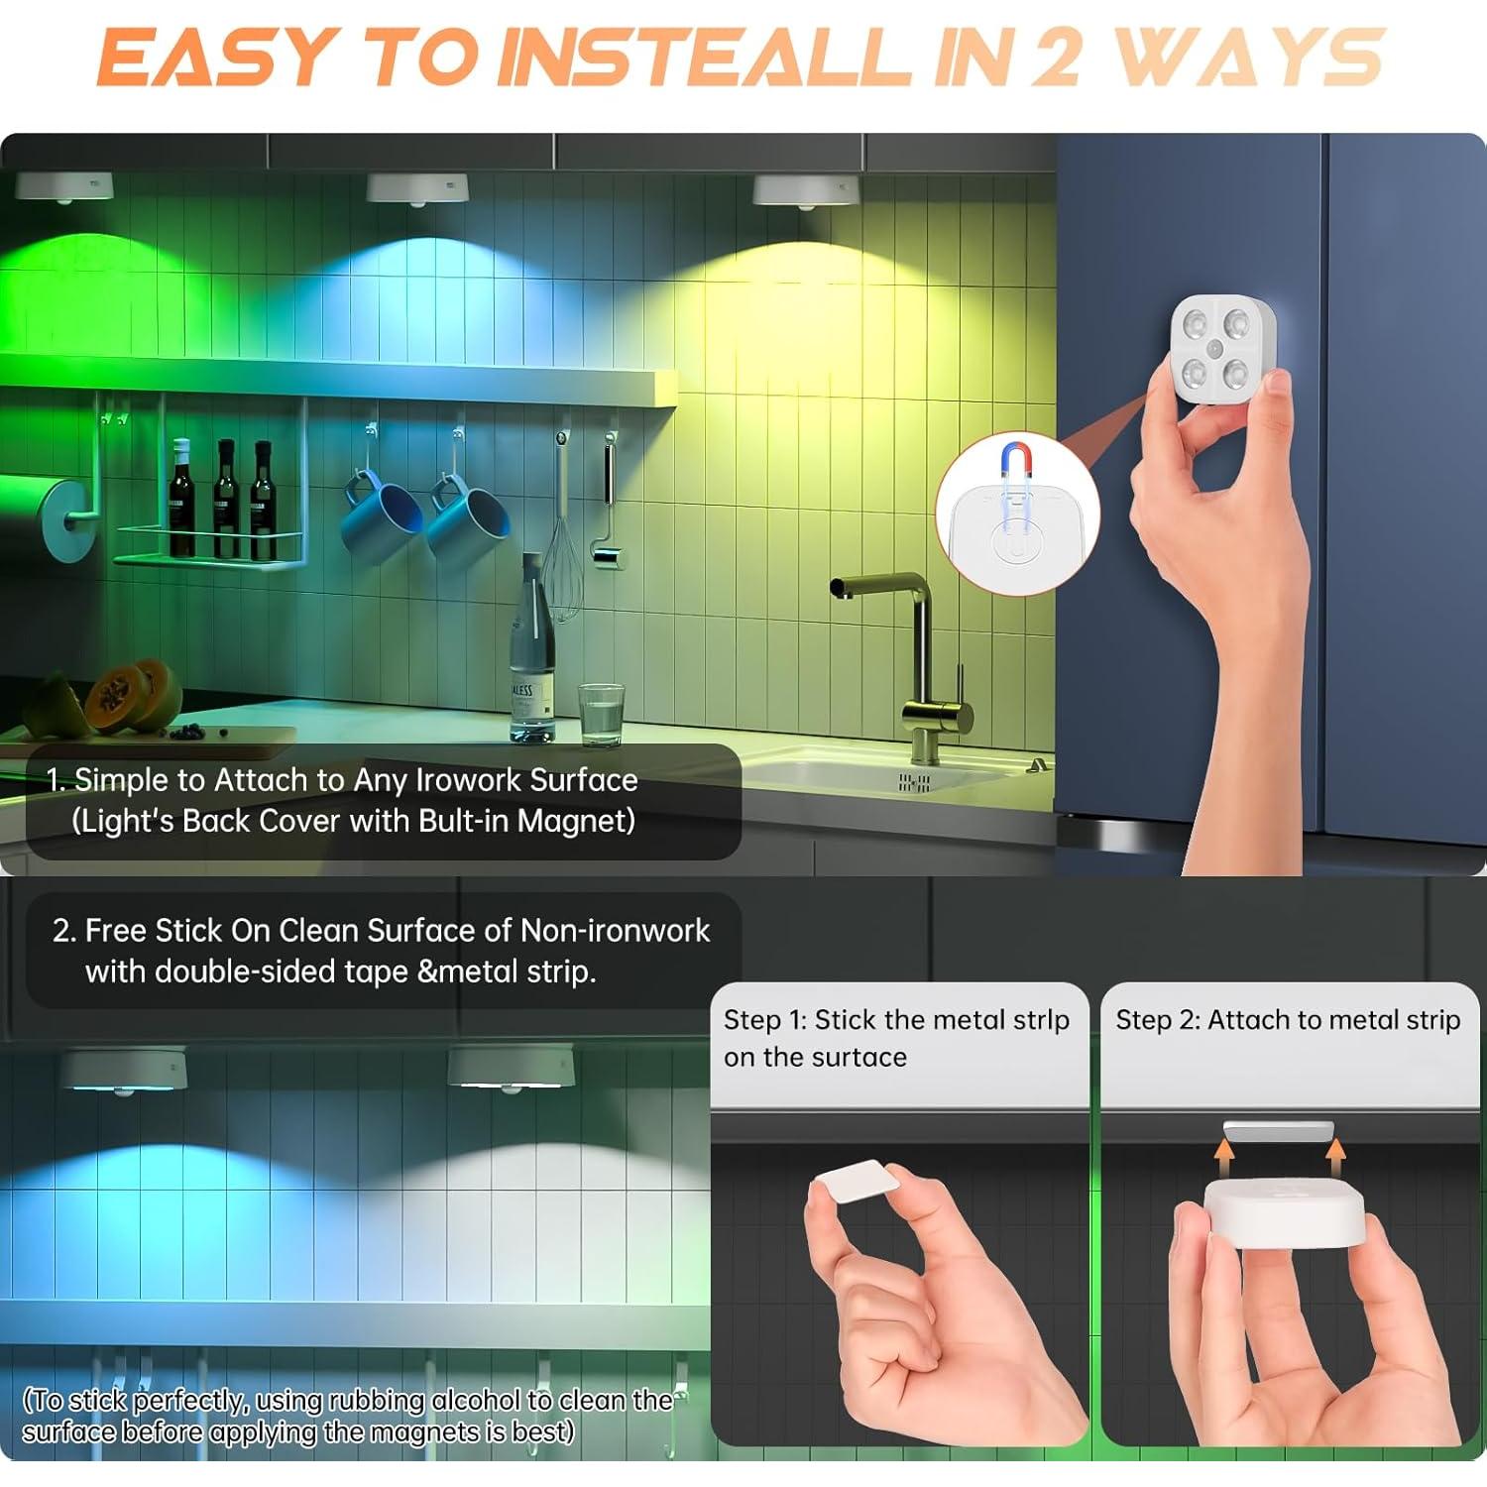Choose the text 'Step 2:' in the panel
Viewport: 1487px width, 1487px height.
point(1157,1020)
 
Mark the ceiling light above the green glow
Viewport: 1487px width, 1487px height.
point(64,185)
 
